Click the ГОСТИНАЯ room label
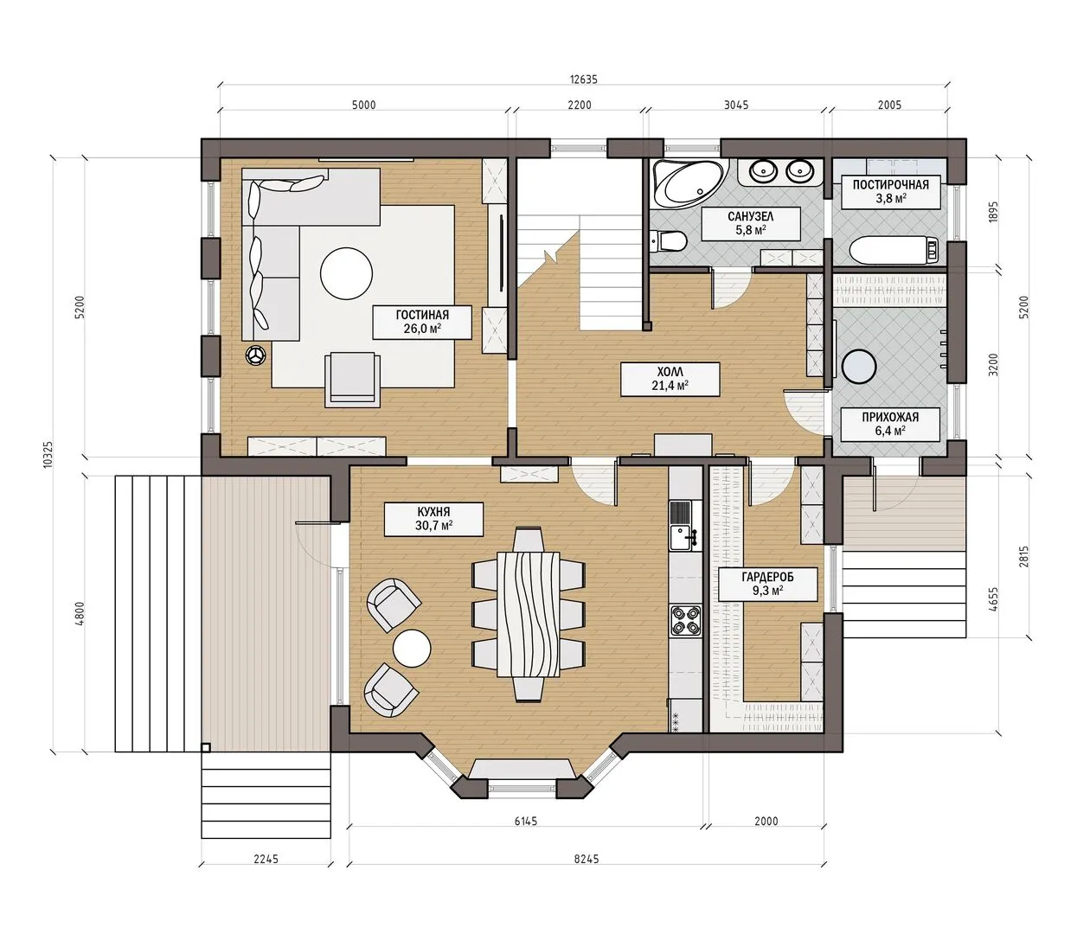[422, 315]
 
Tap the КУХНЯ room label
[433, 511]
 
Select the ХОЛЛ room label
[670, 372]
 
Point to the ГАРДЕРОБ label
[767, 577]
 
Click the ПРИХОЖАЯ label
[890, 418]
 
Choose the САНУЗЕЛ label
[751, 216]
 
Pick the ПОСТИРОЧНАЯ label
[891, 185]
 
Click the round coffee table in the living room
[346, 273]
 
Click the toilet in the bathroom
[668, 242]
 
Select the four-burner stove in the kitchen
[685, 621]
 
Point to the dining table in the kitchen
[528, 614]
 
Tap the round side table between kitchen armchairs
[412, 648]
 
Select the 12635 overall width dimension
[584, 80]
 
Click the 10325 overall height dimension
[48, 455]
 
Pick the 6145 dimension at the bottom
[525, 821]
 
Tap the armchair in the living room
[352, 379]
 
